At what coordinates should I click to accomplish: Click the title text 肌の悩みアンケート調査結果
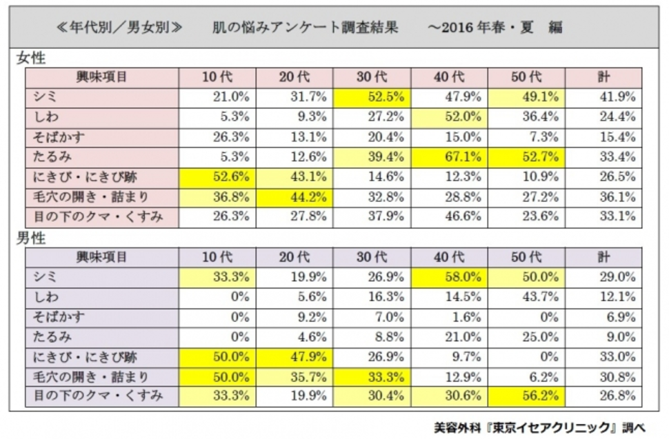[306, 28]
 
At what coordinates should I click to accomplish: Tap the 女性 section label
[32, 59]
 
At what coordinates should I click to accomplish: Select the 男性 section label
[32, 239]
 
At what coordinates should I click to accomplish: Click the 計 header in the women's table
[603, 77]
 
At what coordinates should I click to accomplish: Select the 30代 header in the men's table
[372, 257]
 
